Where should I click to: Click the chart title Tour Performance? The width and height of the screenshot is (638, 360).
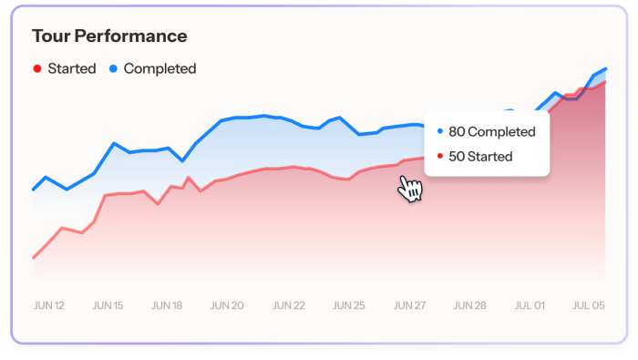click(x=109, y=36)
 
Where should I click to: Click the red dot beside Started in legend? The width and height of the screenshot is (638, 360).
click(x=36, y=68)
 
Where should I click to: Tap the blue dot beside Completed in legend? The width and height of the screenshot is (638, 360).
click(x=113, y=68)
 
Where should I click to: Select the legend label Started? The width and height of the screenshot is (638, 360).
click(x=72, y=68)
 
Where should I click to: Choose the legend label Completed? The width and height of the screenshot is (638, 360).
click(x=159, y=68)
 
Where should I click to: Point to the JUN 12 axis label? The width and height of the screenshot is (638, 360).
click(x=48, y=305)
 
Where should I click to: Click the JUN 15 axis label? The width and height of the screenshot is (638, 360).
click(x=108, y=305)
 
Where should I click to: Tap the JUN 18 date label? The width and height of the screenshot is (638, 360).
click(x=167, y=305)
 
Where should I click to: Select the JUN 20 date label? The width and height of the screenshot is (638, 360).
click(x=227, y=305)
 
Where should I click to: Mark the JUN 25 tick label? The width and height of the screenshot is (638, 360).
click(x=347, y=305)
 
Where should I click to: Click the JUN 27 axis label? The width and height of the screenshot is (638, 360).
click(x=407, y=305)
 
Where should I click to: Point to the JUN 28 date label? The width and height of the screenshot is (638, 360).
click(x=468, y=305)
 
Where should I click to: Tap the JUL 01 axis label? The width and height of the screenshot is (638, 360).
click(x=529, y=305)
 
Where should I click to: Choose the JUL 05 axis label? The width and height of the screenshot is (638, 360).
click(x=588, y=305)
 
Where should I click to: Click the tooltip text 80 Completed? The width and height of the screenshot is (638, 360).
click(x=492, y=132)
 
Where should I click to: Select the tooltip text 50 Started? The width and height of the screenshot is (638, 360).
click(x=480, y=157)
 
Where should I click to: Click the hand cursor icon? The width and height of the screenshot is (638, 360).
click(x=410, y=189)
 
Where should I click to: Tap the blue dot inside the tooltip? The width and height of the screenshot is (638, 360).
click(x=440, y=132)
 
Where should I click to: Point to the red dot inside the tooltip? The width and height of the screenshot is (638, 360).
click(x=440, y=157)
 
